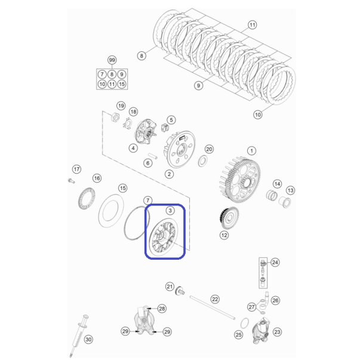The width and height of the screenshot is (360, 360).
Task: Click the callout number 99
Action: pos(112,60)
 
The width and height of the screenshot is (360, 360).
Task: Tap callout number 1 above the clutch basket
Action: pos(251,151)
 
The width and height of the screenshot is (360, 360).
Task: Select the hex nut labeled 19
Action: pos(115,116)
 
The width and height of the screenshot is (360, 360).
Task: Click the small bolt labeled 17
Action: pos(72,181)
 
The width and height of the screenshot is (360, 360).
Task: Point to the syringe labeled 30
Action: pos(79,336)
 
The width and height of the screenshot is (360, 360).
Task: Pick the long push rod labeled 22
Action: pos(213,307)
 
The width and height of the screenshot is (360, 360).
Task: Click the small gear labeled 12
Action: pos(229,218)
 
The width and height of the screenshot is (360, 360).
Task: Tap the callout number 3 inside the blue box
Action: pos(170,211)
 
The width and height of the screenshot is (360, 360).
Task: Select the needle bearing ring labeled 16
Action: pos(87,198)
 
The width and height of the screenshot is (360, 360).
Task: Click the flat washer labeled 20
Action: pos(202,161)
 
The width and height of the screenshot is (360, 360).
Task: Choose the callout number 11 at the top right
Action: pos(252,25)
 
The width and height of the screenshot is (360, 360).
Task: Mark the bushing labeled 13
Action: pos(285,202)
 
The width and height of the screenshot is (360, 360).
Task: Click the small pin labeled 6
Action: pos(153,156)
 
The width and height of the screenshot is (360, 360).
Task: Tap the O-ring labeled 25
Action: pos(245,323)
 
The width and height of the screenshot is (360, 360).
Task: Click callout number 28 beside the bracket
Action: pos(162,309)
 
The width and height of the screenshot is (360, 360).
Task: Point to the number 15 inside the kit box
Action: pos(122,84)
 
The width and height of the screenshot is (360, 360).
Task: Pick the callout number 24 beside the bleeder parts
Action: pos(275,262)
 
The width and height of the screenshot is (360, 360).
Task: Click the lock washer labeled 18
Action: pos(127,124)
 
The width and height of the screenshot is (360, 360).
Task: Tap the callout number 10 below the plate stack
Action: pos(257,115)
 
